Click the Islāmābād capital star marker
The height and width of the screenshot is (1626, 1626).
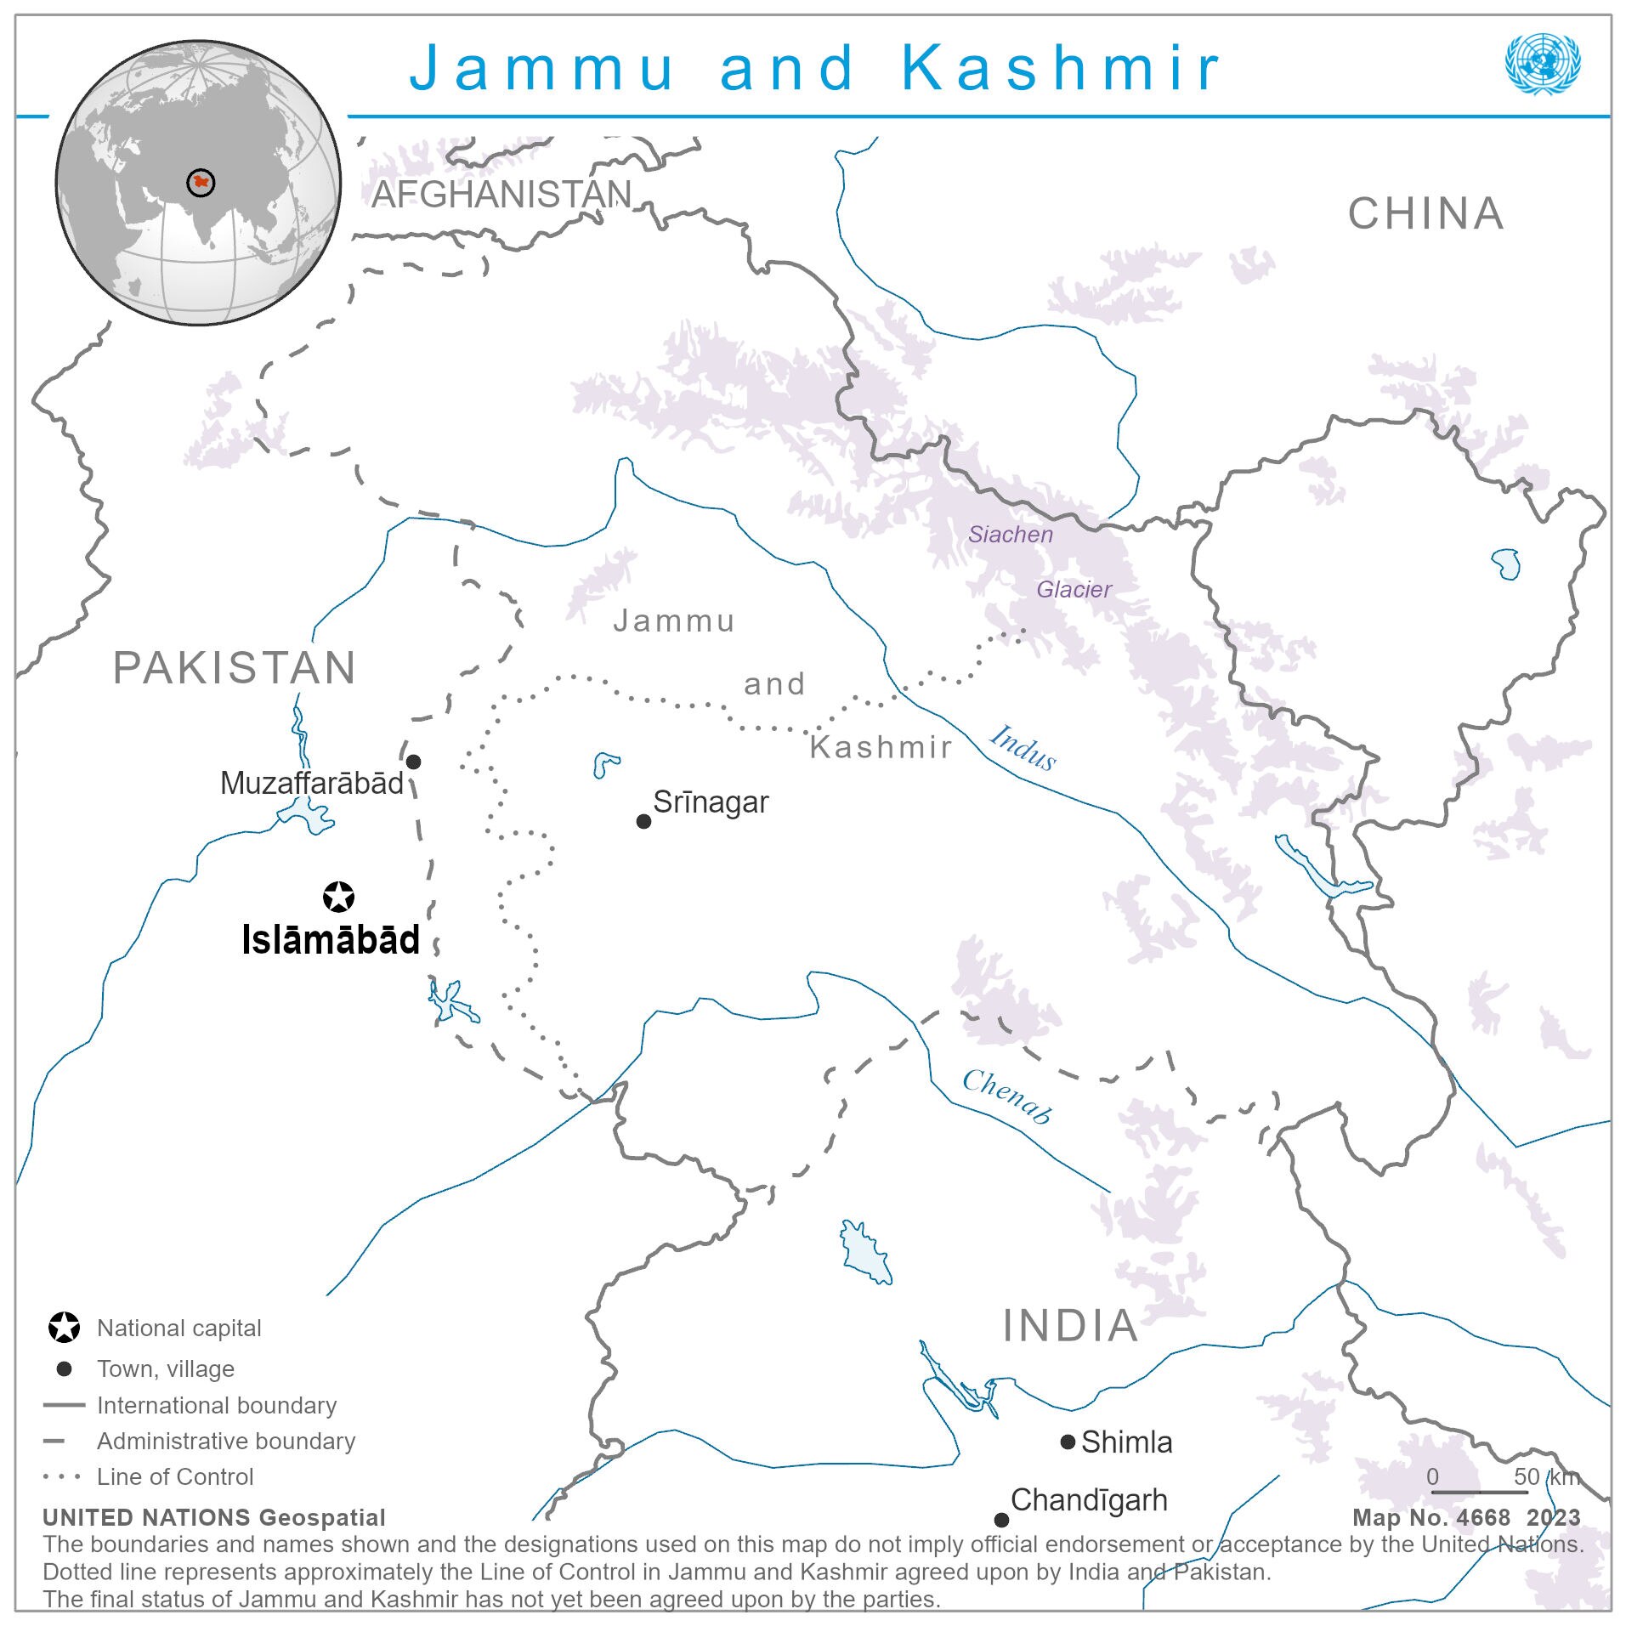338,897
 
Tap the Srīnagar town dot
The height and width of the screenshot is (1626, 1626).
643,821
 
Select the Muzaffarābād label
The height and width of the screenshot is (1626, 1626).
311,783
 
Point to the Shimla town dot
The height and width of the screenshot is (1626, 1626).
1068,1442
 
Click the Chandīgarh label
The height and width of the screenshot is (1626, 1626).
1088,1500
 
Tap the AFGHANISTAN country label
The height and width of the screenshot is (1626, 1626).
501,195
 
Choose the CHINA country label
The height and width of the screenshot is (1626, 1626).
1425,213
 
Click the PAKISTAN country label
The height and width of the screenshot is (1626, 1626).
235,668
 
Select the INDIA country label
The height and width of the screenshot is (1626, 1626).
1070,1325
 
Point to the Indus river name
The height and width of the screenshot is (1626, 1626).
1023,747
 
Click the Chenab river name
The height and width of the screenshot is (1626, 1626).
1007,1096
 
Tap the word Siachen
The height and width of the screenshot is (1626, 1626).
1010,535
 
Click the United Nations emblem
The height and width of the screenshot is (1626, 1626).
1542,64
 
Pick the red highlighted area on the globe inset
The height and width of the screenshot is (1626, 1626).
201,182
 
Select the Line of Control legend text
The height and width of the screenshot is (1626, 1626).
175,1476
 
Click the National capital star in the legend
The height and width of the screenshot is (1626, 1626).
64,1328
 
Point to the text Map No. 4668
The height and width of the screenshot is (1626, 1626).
1431,1517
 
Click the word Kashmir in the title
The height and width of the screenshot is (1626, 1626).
1060,68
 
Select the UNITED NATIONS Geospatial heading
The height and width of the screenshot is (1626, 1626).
214,1517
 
